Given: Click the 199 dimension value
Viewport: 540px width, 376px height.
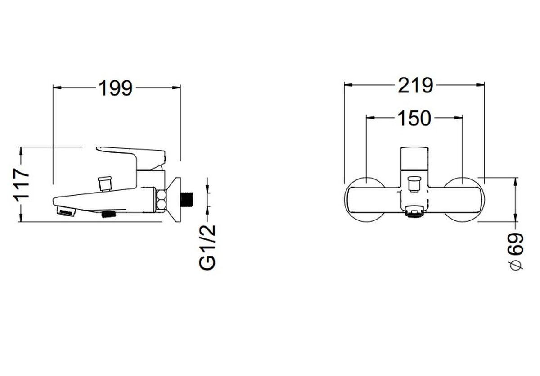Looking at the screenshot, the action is [116, 88].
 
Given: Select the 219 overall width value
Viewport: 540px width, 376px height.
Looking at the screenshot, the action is [415, 86].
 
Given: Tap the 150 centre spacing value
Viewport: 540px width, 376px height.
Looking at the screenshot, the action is [414, 118].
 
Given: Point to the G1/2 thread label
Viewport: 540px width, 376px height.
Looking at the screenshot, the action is [207, 248].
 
